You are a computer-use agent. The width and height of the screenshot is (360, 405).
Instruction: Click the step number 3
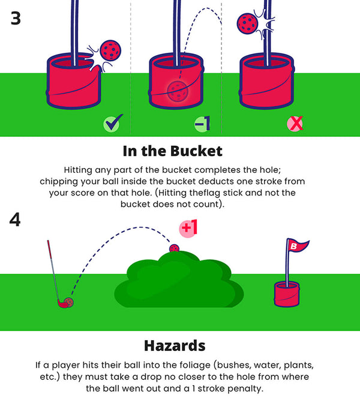16,19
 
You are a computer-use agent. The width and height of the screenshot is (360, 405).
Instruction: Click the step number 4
15,220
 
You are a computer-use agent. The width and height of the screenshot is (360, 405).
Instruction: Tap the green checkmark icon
113,123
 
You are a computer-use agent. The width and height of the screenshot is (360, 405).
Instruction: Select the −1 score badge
202,124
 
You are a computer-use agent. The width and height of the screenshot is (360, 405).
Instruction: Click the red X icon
295,124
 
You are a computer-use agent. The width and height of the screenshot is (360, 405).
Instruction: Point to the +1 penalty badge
188,228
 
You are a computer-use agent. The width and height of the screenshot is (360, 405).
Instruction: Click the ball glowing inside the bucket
178,91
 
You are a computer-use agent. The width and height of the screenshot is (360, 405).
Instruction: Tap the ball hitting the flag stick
247,23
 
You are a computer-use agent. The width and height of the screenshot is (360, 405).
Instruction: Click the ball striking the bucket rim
110,50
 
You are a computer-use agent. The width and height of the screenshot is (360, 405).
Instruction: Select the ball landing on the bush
175,249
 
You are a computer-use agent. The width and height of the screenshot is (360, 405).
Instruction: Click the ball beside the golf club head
69,302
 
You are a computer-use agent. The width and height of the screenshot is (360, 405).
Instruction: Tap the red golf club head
63,304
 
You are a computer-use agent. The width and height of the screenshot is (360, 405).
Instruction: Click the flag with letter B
298,245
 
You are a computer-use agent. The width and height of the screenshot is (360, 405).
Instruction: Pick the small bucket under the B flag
287,294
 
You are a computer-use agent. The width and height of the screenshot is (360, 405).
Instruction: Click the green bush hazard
179,280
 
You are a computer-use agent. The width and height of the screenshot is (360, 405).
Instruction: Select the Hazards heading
175,346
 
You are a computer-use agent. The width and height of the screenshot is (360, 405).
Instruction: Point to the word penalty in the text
245,388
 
